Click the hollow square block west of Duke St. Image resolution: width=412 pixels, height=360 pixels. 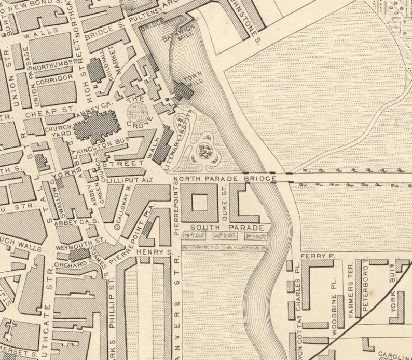click(x=199, y=201)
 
